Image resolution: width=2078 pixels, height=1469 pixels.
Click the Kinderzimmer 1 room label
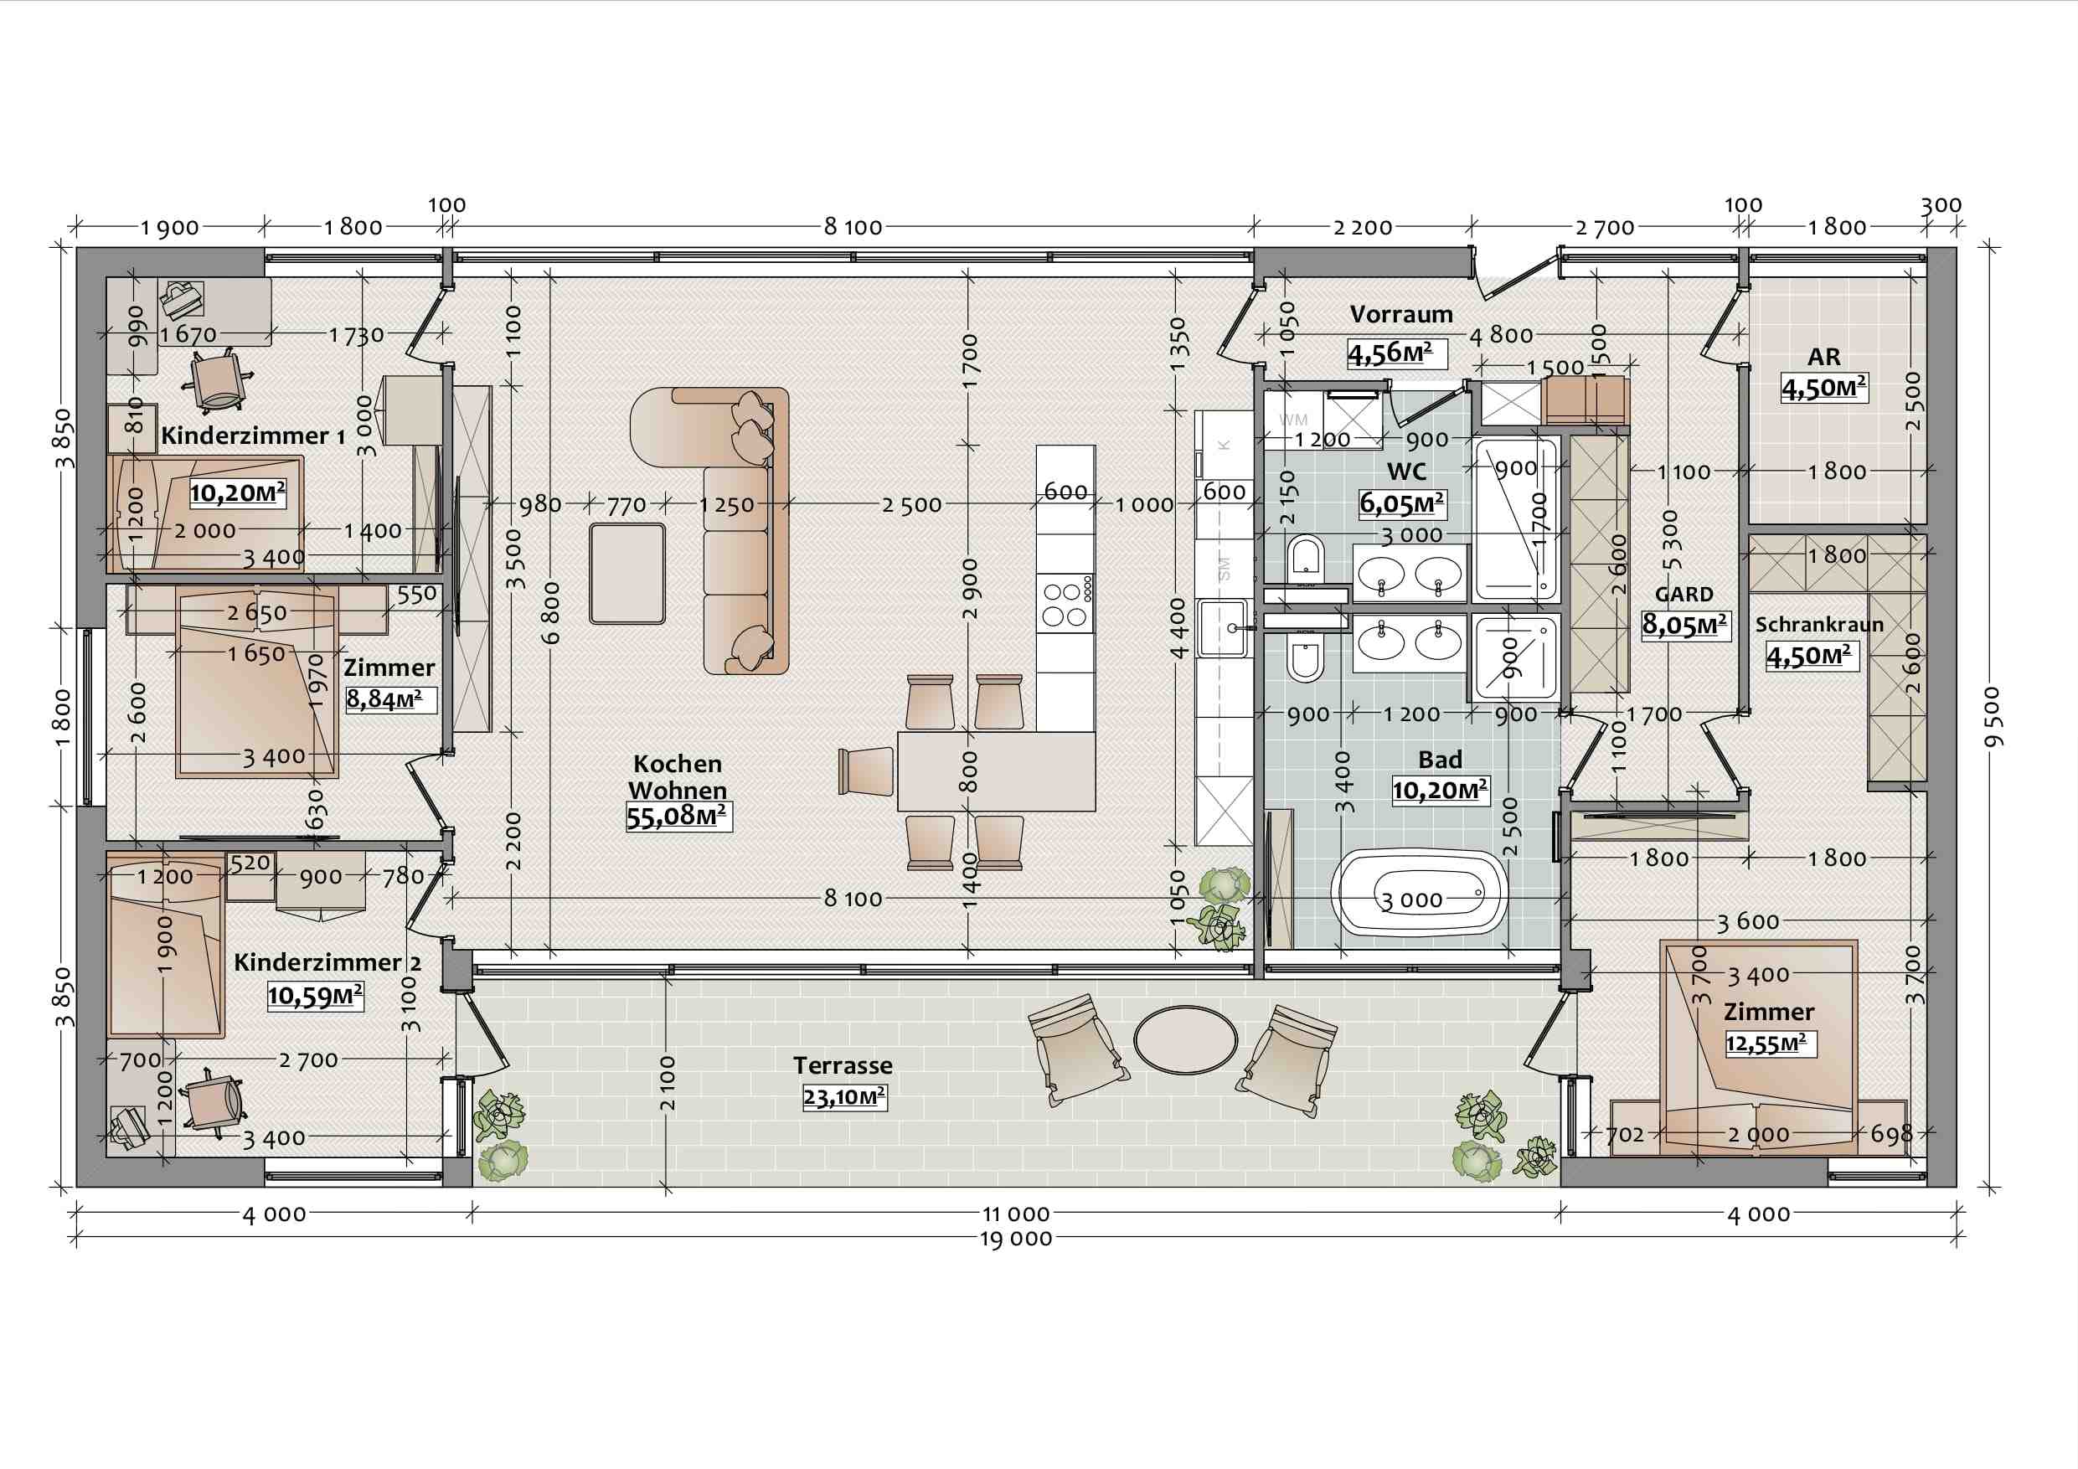coord(252,436)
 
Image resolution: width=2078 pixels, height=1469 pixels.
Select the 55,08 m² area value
coord(678,817)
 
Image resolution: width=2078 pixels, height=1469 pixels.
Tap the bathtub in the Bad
coord(1419,892)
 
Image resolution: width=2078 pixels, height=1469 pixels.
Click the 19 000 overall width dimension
coord(1016,1238)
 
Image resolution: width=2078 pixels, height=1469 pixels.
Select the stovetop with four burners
coord(1066,605)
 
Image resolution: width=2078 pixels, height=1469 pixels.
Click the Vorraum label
coord(1401,314)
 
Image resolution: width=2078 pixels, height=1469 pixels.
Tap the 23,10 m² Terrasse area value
coord(844,1098)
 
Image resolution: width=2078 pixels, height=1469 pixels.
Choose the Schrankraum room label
coord(1819,625)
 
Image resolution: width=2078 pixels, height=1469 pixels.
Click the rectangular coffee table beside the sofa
coord(627,574)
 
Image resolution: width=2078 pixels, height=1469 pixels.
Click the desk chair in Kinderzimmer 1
coord(216,381)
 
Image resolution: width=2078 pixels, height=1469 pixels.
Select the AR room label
coord(1823,358)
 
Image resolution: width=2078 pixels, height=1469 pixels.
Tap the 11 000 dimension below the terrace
coord(1016,1214)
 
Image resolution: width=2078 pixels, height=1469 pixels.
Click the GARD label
coord(1684,595)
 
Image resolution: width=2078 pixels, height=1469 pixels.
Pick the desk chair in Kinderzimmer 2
coord(214,1101)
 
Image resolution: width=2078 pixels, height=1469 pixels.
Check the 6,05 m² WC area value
coord(1402,503)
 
